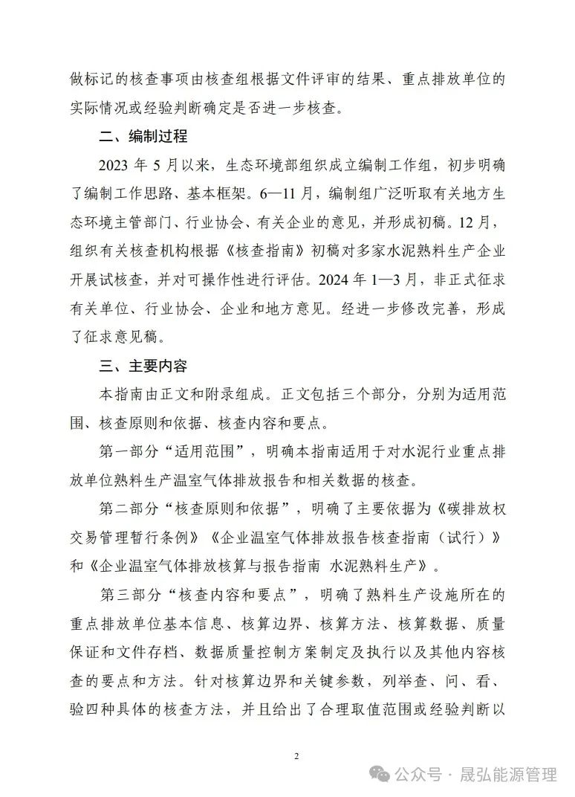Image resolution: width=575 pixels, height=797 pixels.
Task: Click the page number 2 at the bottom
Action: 296,756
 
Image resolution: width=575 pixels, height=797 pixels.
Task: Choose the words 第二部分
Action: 127,509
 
